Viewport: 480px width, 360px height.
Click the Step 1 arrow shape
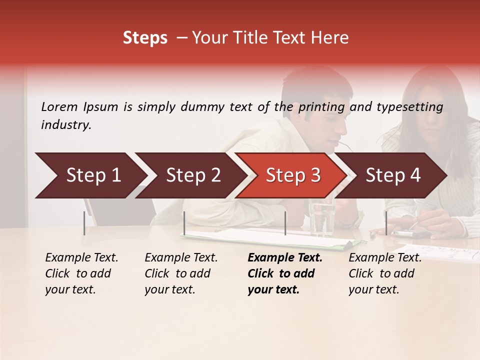90,175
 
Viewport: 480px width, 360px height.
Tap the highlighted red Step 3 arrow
292,175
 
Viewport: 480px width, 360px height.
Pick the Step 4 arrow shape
392,175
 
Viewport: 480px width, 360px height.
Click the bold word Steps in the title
145,38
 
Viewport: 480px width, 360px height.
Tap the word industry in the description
66,125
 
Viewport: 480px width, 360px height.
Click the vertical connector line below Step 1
84,223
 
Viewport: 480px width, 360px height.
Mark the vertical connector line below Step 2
184,223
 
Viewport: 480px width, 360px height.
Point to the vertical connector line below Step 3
285,223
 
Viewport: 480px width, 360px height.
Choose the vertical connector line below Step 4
386,223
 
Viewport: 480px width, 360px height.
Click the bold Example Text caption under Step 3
285,273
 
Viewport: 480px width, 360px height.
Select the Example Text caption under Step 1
81,273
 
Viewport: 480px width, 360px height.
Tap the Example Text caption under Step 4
385,273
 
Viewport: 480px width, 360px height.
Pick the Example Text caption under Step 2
181,273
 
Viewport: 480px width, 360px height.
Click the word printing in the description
322,106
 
